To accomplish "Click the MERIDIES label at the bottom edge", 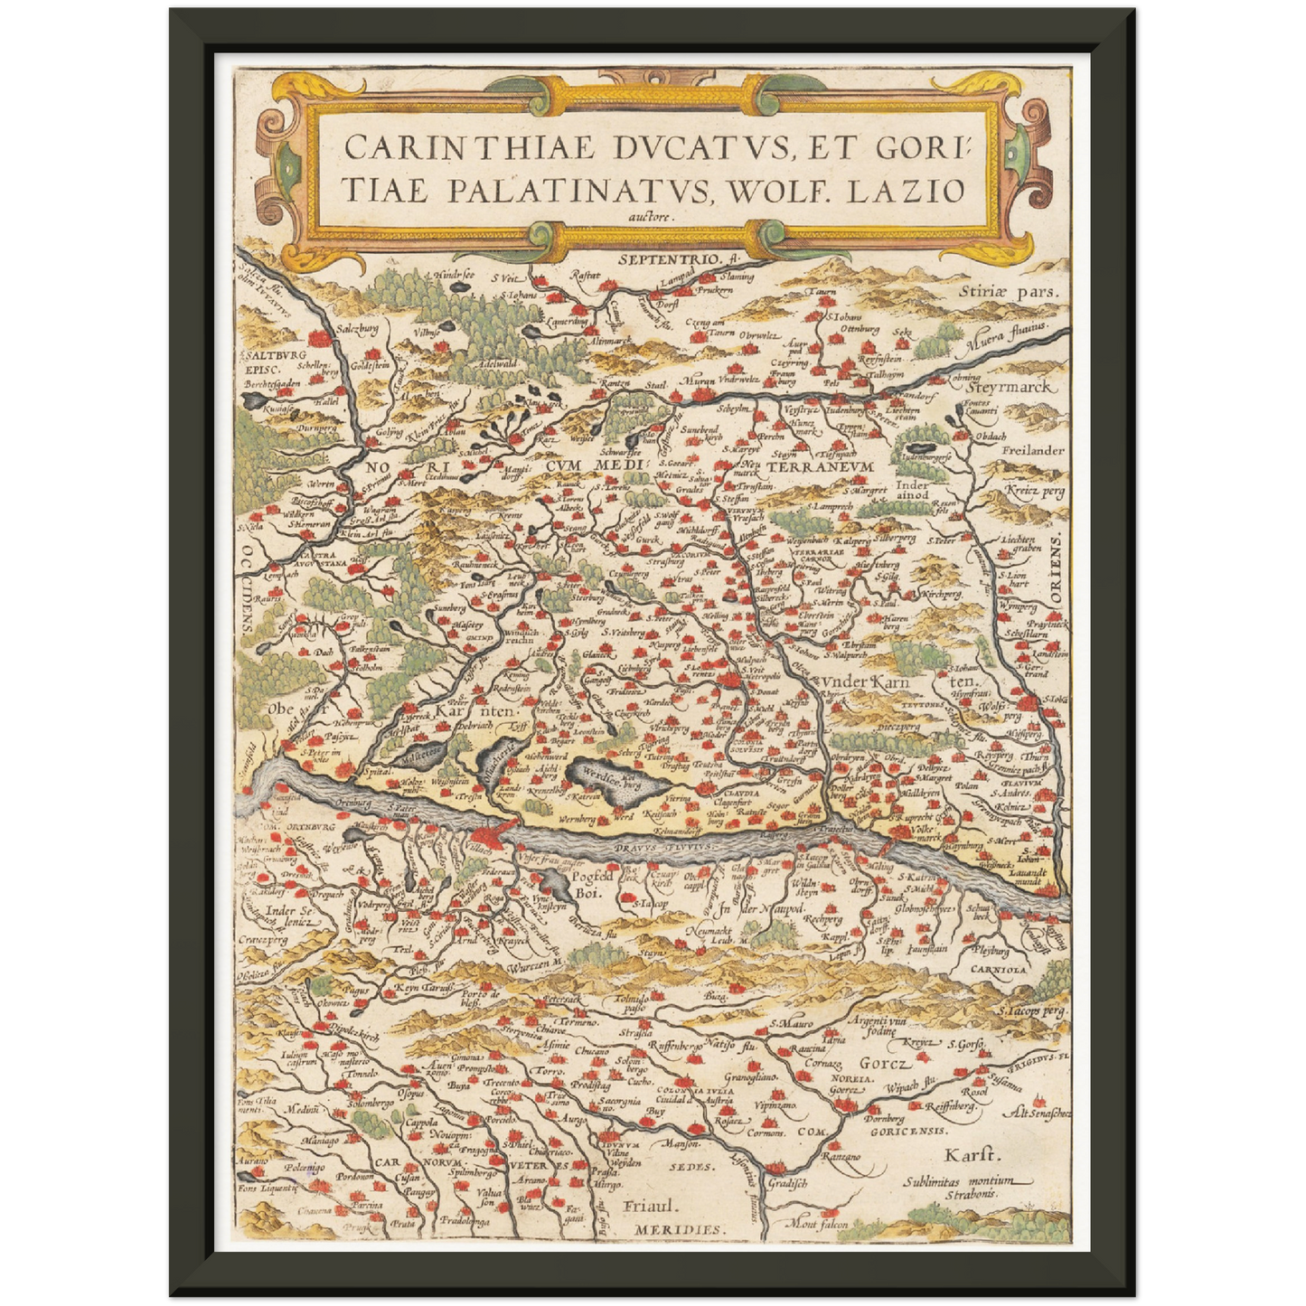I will [678, 1230].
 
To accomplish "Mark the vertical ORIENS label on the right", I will [1057, 569].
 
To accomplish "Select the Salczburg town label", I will [356, 331].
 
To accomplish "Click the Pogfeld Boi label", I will [593, 883].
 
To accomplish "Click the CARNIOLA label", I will [1000, 968].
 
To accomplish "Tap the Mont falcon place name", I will [819, 1225].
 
